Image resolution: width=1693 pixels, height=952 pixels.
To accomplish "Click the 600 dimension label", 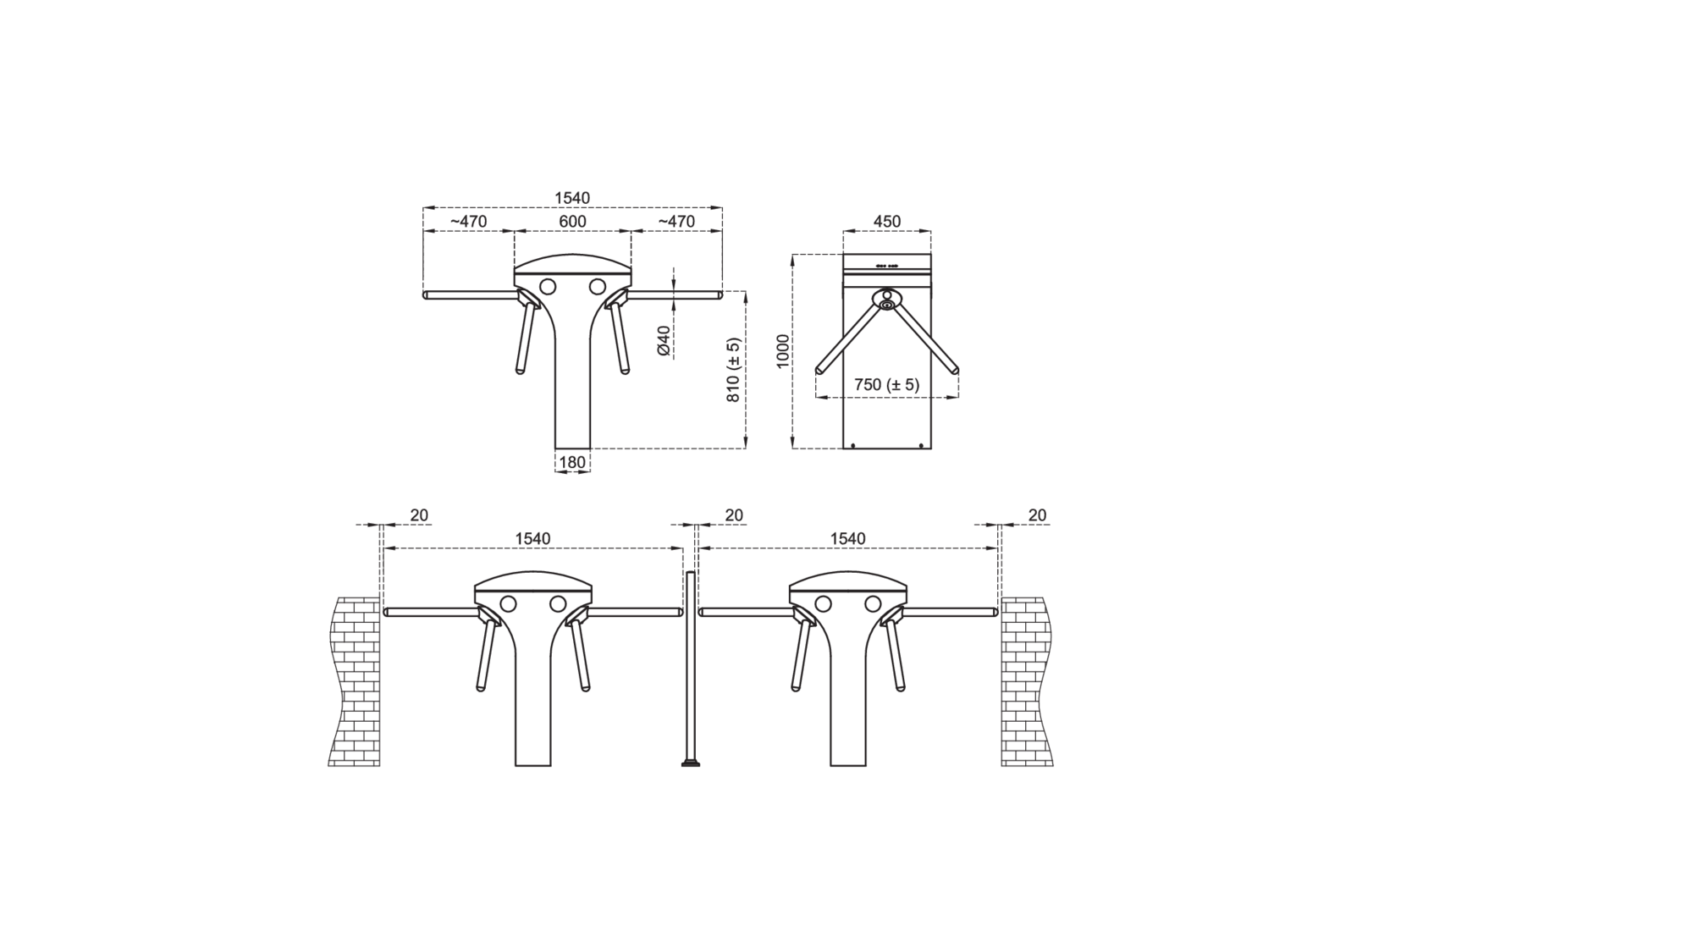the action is coord(572,222).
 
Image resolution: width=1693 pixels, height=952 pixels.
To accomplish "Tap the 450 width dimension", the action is coord(886,222).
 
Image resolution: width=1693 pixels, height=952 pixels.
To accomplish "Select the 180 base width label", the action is coord(572,462).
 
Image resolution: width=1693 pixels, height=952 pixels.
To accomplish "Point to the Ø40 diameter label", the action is coord(664,340).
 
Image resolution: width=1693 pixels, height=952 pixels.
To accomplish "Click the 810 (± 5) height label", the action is coord(733,370).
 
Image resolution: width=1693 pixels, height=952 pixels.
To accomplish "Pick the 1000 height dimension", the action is coord(783,350).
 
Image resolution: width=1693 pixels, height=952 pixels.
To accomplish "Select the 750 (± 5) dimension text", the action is coord(886,384).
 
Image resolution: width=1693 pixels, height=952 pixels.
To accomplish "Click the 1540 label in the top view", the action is coord(572,198).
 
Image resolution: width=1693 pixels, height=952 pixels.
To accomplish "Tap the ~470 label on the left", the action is coord(468,222).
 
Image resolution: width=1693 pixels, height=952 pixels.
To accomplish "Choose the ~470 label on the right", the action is coord(676,222).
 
